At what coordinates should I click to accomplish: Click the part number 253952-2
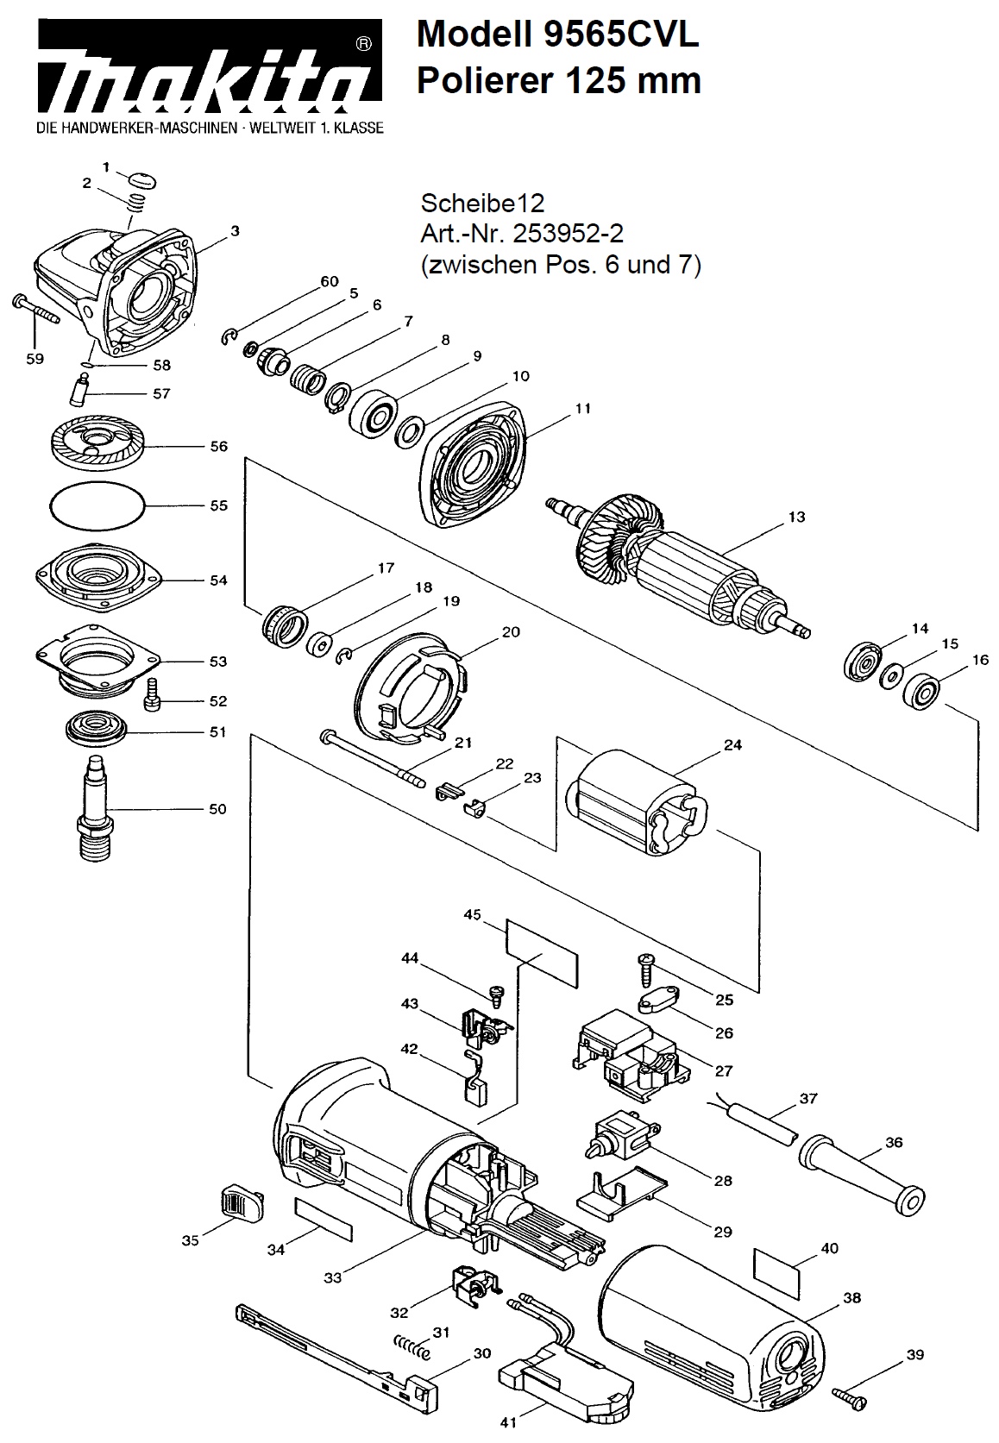click(x=568, y=233)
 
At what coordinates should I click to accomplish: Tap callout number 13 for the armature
click(x=796, y=517)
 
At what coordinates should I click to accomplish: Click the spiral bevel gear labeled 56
click(x=97, y=443)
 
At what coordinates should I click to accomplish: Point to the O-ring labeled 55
click(x=97, y=505)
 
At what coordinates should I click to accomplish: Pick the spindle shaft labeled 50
click(x=96, y=807)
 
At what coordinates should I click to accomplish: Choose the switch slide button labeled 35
click(x=241, y=1201)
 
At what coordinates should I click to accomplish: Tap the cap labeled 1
click(x=142, y=180)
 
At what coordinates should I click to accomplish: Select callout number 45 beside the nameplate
click(x=473, y=915)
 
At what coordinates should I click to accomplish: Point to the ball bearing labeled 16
click(x=921, y=692)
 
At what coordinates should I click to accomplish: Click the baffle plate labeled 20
click(x=411, y=687)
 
